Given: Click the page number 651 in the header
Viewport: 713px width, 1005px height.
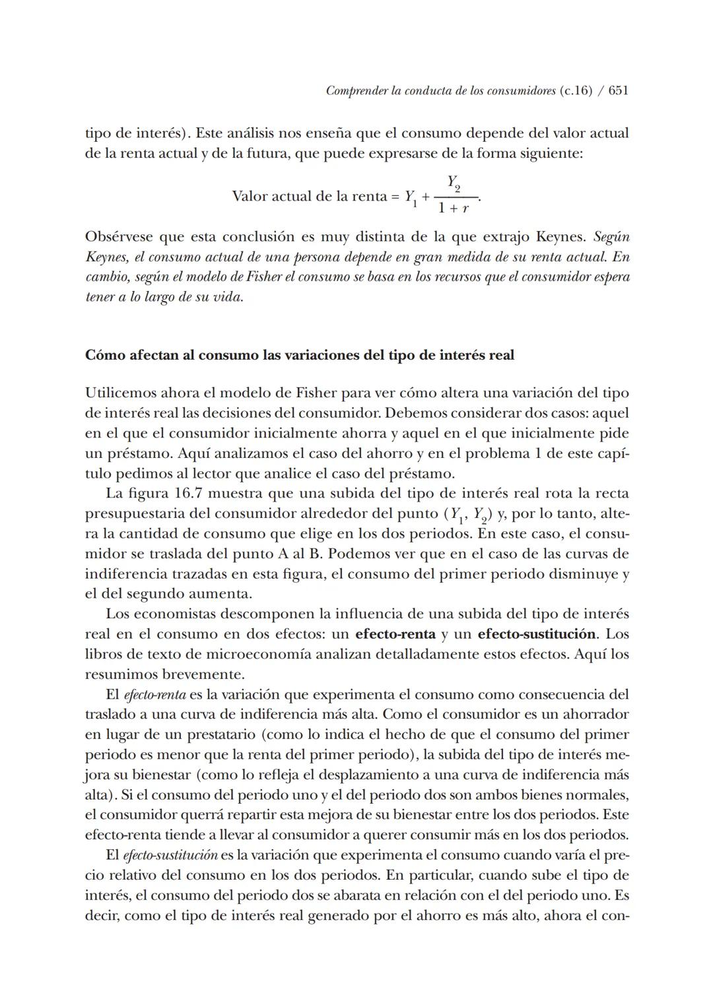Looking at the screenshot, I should pyautogui.click(x=618, y=90).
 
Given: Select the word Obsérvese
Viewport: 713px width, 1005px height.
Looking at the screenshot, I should pyautogui.click(x=118, y=236).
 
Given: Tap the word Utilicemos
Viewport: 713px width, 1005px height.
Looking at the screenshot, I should pyautogui.click(x=121, y=393).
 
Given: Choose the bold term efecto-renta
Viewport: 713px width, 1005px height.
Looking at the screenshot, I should pyautogui.click(x=395, y=634).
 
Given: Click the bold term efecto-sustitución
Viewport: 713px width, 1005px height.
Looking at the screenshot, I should pyautogui.click(x=536, y=634).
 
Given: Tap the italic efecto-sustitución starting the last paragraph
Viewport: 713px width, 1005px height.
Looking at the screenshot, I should pyautogui.click(x=170, y=855).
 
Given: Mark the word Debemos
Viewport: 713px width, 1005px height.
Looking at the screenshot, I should pyautogui.click(x=412, y=413).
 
